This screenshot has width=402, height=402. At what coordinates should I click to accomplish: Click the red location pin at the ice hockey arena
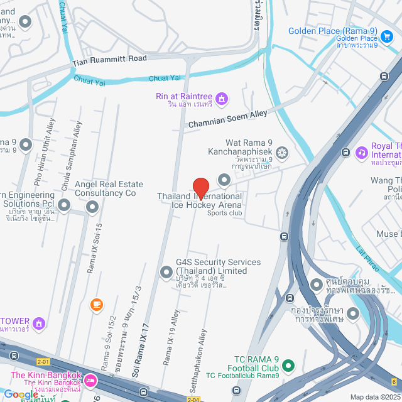[x=200, y=188]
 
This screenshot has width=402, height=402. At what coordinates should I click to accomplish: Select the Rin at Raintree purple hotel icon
[x=220, y=99]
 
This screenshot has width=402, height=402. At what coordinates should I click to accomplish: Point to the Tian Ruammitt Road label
[x=109, y=58]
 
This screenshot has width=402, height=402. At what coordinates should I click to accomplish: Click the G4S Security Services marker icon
[x=166, y=272]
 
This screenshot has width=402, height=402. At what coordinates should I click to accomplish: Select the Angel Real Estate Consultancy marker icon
[x=92, y=206]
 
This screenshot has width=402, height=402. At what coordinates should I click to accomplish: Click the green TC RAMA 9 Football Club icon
[x=288, y=365]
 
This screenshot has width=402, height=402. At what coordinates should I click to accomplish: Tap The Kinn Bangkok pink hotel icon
[x=90, y=380]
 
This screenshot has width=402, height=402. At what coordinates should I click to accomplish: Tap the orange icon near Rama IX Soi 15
[x=96, y=305]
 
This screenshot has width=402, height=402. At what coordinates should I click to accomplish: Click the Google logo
[x=21, y=394]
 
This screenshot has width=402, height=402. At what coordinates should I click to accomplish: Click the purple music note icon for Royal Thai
[x=361, y=152]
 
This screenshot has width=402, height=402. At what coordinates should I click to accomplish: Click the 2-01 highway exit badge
[x=43, y=361]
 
